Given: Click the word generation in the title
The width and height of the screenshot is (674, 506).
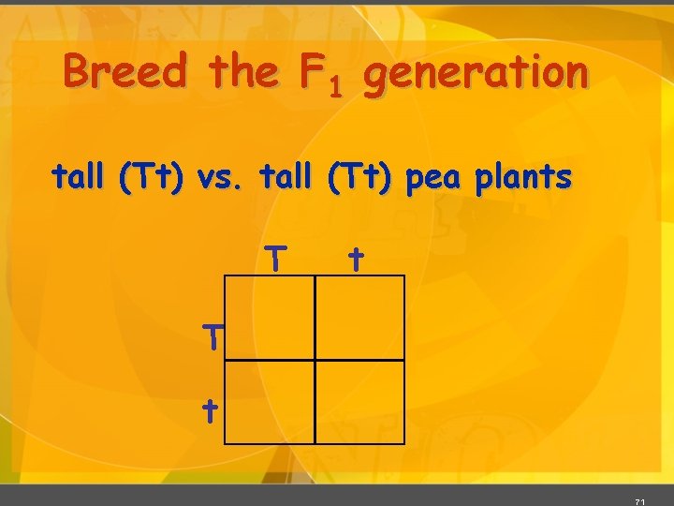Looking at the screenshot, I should click(x=476, y=75).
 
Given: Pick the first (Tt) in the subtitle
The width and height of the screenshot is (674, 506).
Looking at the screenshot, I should click(x=151, y=177).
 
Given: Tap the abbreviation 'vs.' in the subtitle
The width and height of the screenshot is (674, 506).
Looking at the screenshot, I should click(x=217, y=177).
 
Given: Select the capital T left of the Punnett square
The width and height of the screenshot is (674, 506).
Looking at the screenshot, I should click(x=214, y=335).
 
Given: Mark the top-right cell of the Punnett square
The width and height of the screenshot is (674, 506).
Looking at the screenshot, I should click(x=359, y=317).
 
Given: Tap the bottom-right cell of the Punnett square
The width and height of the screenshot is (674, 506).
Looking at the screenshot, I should click(x=359, y=400).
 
